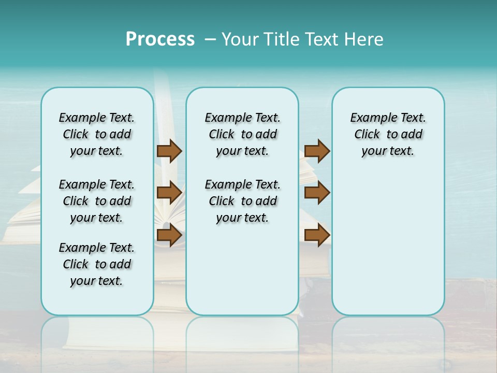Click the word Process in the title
click(160, 39)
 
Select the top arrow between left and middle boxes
click(169, 151)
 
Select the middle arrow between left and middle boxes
click(169, 193)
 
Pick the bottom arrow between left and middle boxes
click(169, 236)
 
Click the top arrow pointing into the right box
click(317, 151)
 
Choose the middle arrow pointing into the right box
click(317, 193)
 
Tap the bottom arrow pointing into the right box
click(317, 235)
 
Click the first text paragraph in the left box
click(97, 134)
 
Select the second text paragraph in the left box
click(97, 201)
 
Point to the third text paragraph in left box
click(97, 264)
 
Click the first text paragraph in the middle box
click(242, 134)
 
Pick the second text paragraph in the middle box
click(242, 201)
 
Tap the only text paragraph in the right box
click(388, 134)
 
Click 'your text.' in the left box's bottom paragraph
click(97, 281)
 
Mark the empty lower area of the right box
click(388, 243)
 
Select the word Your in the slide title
click(238, 39)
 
